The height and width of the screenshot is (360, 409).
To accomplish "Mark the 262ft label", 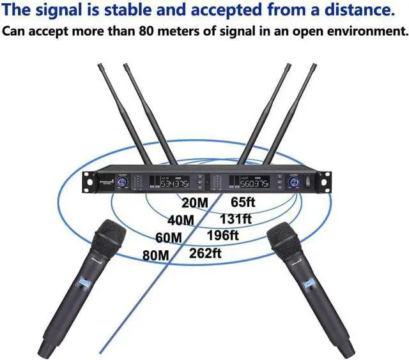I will (206, 252).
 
